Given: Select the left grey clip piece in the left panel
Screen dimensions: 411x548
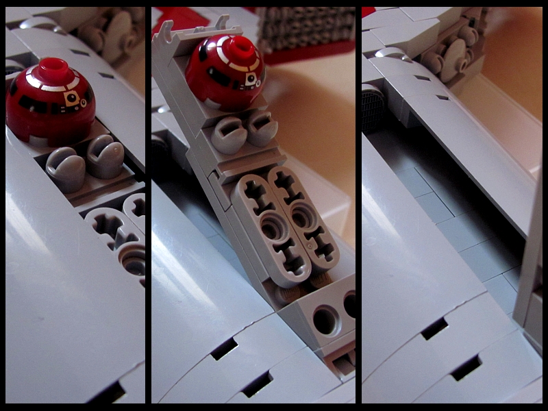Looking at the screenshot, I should [x=64, y=168].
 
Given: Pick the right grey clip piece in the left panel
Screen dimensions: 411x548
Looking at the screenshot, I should [x=105, y=156].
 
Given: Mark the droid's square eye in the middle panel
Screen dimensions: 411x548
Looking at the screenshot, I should [x=251, y=79].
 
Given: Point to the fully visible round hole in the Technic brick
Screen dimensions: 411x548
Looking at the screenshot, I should [x=325, y=320].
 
